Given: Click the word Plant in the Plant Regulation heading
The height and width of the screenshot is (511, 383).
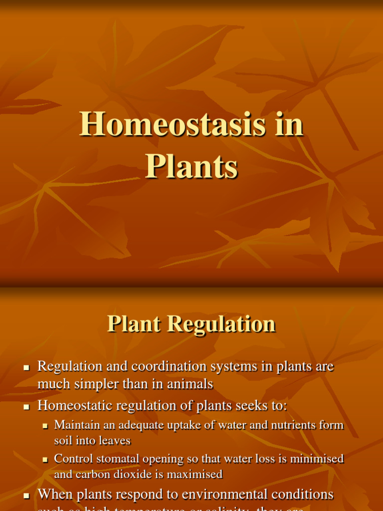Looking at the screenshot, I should [x=134, y=324].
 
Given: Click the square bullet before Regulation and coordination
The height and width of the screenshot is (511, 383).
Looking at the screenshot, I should [x=27, y=368].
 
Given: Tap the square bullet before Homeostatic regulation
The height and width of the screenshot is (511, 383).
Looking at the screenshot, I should [x=27, y=407].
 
